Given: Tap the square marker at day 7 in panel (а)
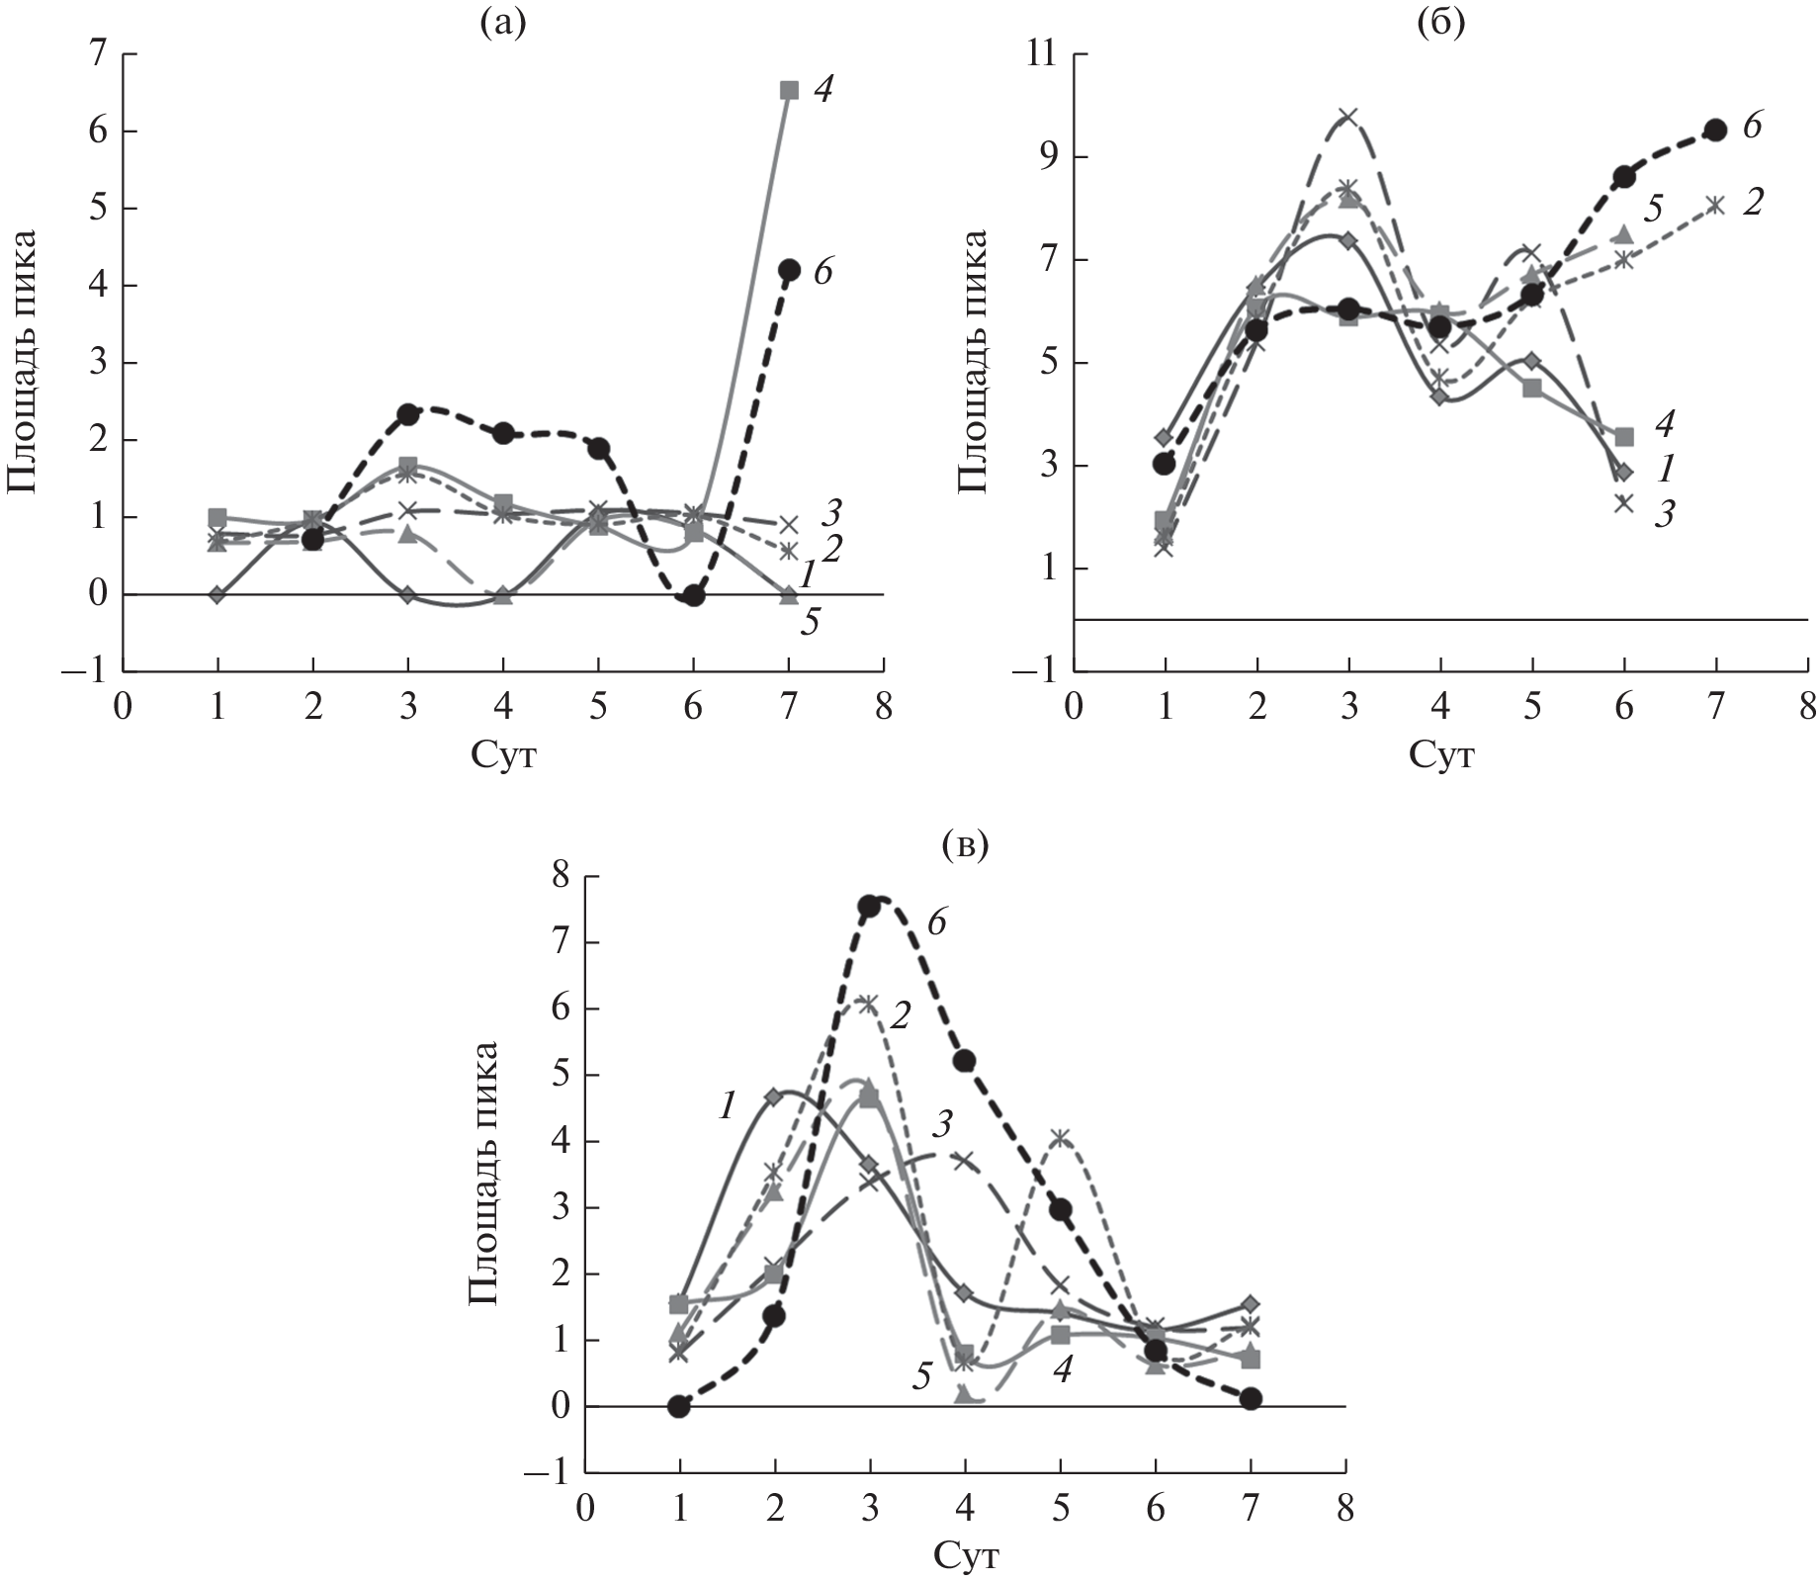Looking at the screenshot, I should coord(789,90).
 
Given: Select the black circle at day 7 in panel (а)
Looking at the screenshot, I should coord(789,269).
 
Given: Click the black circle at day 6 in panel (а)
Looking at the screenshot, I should coord(694,595).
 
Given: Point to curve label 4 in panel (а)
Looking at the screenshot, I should coord(822,90).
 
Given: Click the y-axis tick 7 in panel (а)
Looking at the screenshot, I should coord(97,54).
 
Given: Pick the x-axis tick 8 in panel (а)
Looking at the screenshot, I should coord(883,709).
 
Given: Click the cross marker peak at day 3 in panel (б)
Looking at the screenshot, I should coord(1347,117).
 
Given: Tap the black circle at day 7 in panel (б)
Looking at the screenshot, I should coord(1715,130).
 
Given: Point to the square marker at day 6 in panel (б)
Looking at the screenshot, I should coord(1624,436).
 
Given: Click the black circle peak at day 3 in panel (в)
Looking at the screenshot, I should coord(869,906).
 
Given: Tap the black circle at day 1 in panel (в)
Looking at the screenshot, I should coord(678,1406).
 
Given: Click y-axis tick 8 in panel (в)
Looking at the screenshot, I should coord(562,877).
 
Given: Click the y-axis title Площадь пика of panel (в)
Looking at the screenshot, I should coord(484,1174).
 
